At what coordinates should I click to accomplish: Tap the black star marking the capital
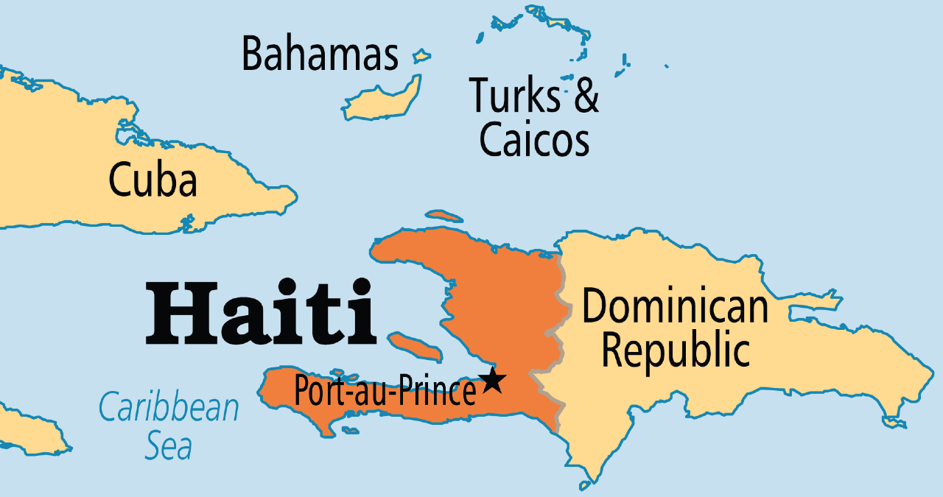click(x=492, y=381)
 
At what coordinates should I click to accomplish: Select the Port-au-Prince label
click(x=385, y=391)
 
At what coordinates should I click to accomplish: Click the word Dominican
click(x=675, y=306)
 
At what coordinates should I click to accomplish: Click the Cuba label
click(x=153, y=180)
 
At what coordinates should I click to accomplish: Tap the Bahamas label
click(x=320, y=55)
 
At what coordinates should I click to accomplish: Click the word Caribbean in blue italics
click(x=169, y=408)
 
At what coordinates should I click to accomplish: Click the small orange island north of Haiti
click(x=444, y=216)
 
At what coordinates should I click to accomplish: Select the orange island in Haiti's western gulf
click(x=413, y=346)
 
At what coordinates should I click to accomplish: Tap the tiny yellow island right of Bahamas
click(x=421, y=55)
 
